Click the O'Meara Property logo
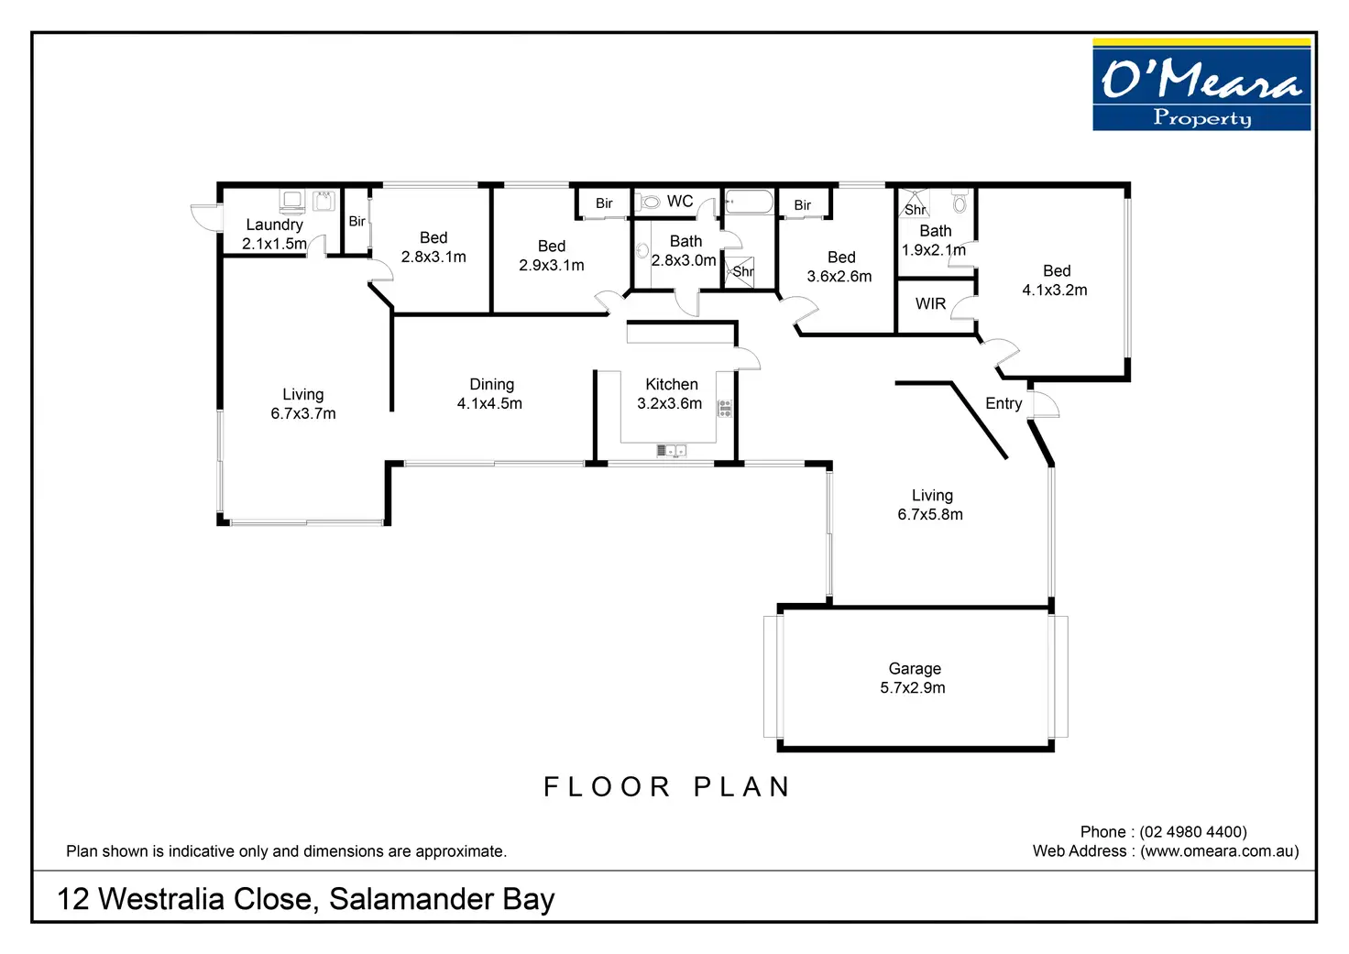pyautogui.click(x=1201, y=84)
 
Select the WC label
pyautogui.click(x=680, y=202)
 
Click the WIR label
pyautogui.click(x=930, y=303)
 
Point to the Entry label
pyautogui.click(x=1004, y=403)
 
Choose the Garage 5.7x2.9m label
pyautogui.click(x=913, y=677)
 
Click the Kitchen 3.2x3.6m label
pyautogui.click(x=670, y=393)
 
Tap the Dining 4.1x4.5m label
pyautogui.click(x=489, y=393)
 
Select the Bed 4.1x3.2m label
pyautogui.click(x=1055, y=280)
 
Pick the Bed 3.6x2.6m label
pyautogui.click(x=839, y=266)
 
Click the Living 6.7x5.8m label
pyautogui.click(x=930, y=504)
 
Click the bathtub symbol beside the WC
pyautogui.click(x=749, y=202)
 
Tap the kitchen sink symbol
pyautogui.click(x=671, y=450)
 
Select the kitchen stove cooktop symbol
pyautogui.click(x=725, y=409)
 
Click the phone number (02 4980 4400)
pyautogui.click(x=1193, y=832)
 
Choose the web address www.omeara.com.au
pyautogui.click(x=1220, y=851)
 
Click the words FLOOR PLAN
pyautogui.click(x=667, y=786)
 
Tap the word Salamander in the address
pyautogui.click(x=411, y=899)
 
